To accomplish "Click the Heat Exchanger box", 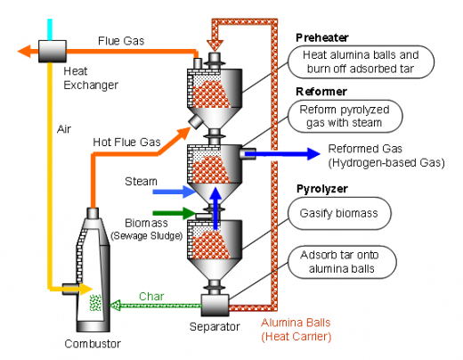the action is tap(53, 52).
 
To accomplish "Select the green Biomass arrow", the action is tap(175, 213).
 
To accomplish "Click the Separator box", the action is tap(215, 305).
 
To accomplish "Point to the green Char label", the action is tap(151, 297).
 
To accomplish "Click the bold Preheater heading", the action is tap(322, 37).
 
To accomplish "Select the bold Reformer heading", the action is tap(321, 92).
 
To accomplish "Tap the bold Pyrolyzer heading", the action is tap(322, 189).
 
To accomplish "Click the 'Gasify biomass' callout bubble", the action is tap(339, 213).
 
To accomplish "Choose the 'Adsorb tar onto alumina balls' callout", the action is tap(342, 262).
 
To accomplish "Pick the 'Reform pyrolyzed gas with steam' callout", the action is tap(345, 116).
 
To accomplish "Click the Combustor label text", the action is tap(93, 344).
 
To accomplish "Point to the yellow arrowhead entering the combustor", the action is tap(86, 289).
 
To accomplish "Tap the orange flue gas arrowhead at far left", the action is tap(24, 51).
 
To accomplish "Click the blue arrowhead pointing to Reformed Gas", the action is tap(313, 154).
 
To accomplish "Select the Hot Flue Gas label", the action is tap(126, 142).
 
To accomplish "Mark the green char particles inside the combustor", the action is tap(95, 303).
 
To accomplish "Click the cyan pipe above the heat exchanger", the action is tap(50, 29).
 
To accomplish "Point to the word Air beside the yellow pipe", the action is tap(64, 129).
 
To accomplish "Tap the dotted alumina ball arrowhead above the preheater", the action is tap(215, 45).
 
